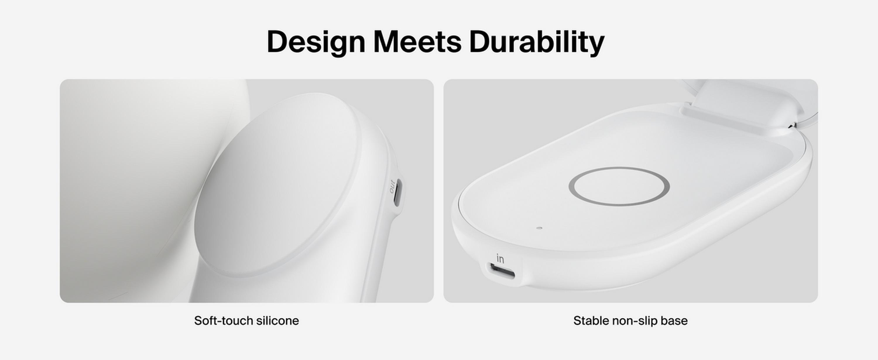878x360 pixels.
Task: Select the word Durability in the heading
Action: point(536,42)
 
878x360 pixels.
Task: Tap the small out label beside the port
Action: point(391,186)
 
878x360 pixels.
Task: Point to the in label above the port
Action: point(500,258)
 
